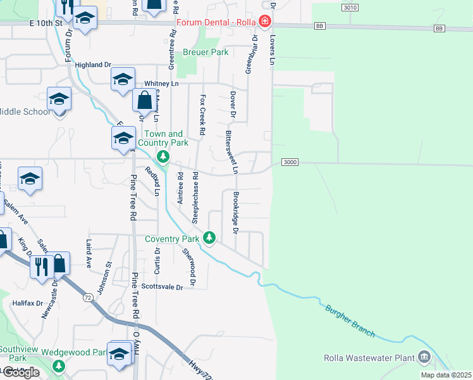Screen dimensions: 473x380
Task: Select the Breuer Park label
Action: (206, 53)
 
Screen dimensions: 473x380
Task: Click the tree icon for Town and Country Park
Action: (163, 156)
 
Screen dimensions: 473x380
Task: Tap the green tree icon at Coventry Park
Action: (209, 239)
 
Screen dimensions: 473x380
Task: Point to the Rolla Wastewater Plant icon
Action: (423, 358)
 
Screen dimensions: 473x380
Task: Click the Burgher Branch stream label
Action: (350, 321)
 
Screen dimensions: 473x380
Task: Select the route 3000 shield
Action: (289, 163)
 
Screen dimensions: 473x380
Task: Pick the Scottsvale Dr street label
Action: (162, 287)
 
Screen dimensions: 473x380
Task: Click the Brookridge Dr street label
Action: (235, 213)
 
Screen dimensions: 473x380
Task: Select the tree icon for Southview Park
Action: (59, 365)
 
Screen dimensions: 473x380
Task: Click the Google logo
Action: (21, 372)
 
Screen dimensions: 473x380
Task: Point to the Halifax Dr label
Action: (27, 303)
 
